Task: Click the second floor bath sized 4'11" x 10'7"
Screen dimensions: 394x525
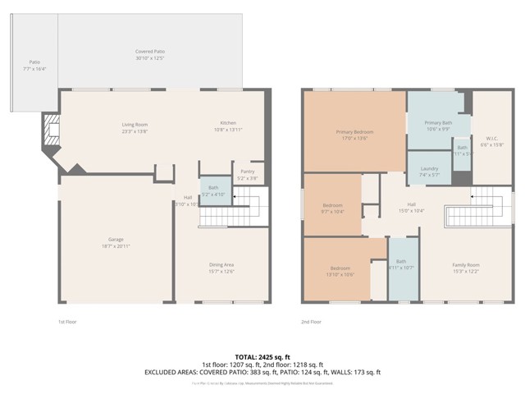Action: pos(402,264)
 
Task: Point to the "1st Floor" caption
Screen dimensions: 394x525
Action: pos(68,322)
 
